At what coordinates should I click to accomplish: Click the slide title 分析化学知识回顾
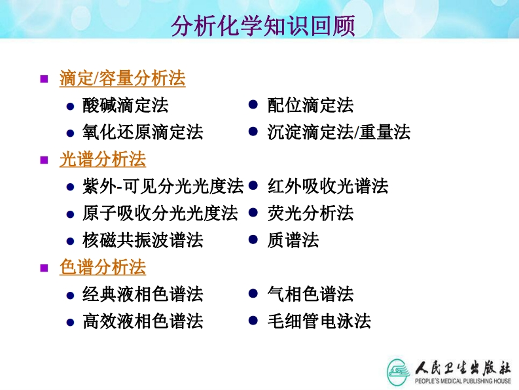coord(263,26)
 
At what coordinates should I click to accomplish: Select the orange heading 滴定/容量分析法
coord(122,78)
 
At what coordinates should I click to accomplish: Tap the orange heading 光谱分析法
coord(103,159)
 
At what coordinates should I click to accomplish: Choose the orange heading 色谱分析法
coord(103,267)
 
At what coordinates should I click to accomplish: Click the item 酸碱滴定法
coord(126,105)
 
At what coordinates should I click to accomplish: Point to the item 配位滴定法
coord(310,105)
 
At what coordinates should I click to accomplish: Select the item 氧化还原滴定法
coord(143,132)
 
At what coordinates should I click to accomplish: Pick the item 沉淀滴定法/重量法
coord(339,132)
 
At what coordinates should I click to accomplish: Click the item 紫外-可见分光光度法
coord(163,186)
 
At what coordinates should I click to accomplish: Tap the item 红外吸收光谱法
coord(328,186)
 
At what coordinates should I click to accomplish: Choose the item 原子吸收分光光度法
coord(160,213)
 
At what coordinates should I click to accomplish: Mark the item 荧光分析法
coord(310,213)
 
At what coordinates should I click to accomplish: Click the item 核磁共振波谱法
coord(143,240)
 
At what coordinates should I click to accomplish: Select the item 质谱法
coord(293,240)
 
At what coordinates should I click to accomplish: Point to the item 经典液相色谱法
coord(143,294)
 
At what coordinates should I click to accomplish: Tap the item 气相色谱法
coord(310,294)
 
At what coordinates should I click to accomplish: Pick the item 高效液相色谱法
coord(143,321)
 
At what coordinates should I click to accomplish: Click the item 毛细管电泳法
coord(319,321)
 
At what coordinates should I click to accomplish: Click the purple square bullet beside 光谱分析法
coord(44,160)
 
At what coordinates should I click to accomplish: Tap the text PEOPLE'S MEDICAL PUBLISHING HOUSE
coord(463,381)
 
